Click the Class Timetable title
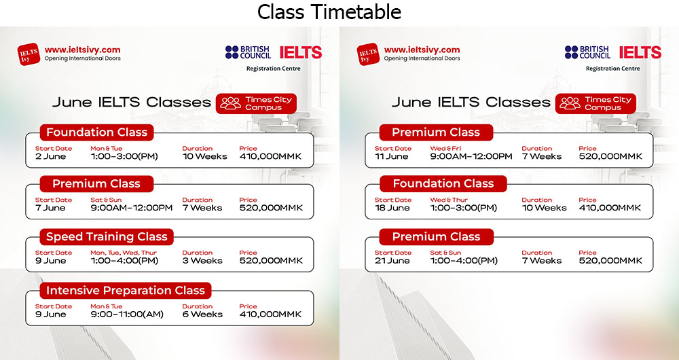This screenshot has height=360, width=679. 329,12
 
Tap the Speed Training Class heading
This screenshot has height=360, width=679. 107,236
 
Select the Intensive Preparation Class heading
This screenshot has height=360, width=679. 125,290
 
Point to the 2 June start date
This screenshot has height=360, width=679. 51,156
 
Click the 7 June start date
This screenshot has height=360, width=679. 50,208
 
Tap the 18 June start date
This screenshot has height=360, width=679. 392,208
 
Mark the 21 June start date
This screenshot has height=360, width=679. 392,261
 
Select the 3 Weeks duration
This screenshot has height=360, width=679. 202,261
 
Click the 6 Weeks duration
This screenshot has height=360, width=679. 202,314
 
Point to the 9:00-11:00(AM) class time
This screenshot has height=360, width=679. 127,314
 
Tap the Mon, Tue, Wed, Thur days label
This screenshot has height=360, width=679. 124,253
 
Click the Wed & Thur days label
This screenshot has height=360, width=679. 449,200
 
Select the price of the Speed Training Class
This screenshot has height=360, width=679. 271,261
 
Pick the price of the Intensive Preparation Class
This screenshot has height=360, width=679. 270,314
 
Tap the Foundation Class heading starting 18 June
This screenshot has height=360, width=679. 443,183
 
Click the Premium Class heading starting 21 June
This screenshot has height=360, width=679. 436,236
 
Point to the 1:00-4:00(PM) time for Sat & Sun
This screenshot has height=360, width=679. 464,261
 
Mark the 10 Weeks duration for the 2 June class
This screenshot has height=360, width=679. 204,156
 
